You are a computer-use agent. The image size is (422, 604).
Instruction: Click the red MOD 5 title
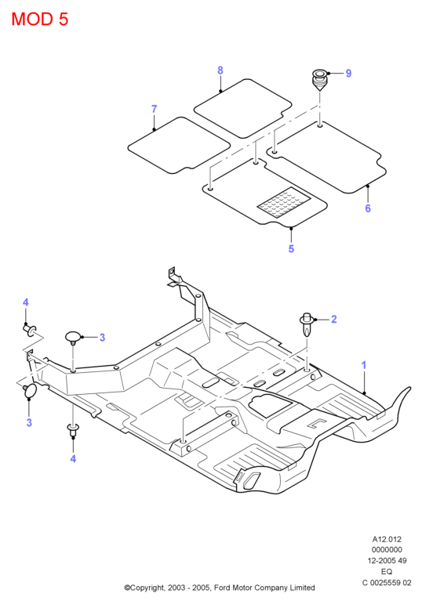pos(40,19)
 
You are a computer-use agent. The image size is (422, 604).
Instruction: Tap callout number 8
pos(220,71)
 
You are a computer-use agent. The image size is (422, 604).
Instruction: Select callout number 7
pos(155,109)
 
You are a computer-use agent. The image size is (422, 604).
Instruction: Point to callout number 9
pos(348,73)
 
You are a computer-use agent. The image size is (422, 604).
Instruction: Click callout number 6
pos(368,208)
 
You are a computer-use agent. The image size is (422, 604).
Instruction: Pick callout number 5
pos(291,249)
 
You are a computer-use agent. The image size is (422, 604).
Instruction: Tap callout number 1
pos(363,365)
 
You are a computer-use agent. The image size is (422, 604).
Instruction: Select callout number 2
pos(334,320)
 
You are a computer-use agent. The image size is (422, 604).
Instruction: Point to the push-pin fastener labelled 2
pos(307,324)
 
